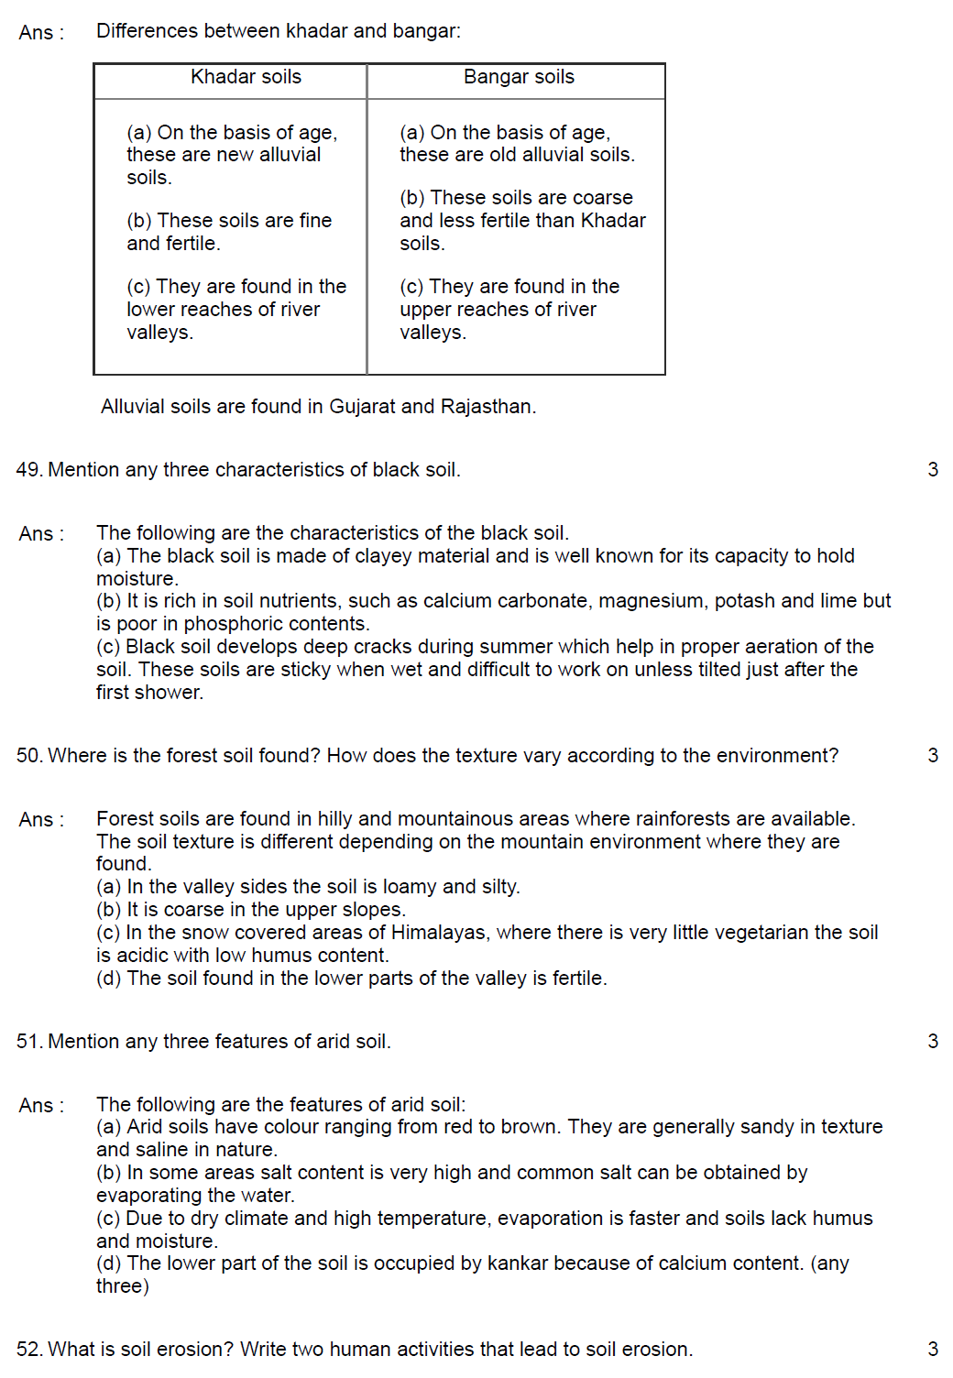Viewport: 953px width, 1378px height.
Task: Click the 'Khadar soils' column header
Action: pyautogui.click(x=246, y=77)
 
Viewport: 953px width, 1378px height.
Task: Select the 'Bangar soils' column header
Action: pyautogui.click(x=519, y=77)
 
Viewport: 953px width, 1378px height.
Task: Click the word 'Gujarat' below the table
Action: pyautogui.click(x=362, y=407)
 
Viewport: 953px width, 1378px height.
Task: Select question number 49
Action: pyautogui.click(x=28, y=470)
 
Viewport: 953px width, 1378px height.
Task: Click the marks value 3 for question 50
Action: pyautogui.click(x=933, y=756)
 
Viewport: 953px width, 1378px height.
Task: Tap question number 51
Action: pyautogui.click(x=28, y=1042)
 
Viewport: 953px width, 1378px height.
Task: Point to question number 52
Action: pyautogui.click(x=28, y=1350)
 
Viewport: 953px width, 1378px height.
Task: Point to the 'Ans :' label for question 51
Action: pyautogui.click(x=41, y=1106)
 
